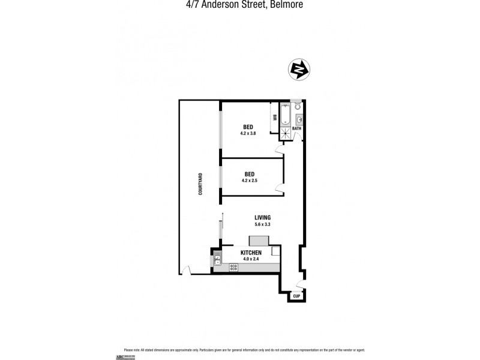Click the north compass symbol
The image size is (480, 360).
pos(299,70)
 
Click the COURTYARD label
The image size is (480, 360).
pos(200,184)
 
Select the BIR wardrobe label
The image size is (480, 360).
pos(275,118)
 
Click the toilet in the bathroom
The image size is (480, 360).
pos(295,104)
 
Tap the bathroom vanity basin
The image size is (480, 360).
pos(299,120)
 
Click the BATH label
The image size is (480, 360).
pos(297,128)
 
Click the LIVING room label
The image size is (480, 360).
pos(263,217)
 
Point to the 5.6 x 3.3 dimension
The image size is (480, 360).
pos(263,224)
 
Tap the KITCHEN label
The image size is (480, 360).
pos(250,253)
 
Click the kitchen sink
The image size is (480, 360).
pos(217,260)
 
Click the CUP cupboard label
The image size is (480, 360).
pos(296,296)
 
